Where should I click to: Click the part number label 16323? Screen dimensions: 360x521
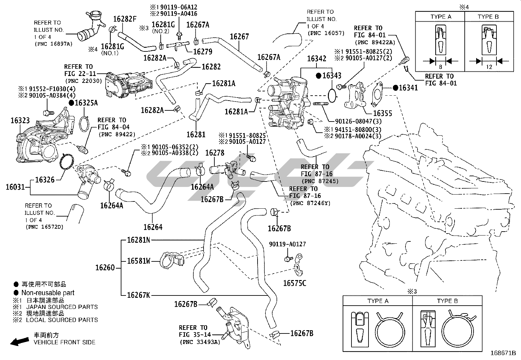tap(20, 120)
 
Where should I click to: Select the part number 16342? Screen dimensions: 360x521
tap(316, 59)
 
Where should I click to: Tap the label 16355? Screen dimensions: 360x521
tap(382, 113)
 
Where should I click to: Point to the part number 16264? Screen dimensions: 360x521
tap(153, 227)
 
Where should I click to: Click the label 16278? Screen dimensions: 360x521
tap(215, 153)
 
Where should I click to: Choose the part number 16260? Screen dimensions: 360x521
tap(105, 268)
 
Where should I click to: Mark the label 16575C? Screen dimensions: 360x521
tap(295, 283)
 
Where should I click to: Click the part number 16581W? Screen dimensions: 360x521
tap(139, 261)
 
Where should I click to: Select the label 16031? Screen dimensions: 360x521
tap(15, 187)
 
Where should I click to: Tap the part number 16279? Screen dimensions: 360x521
tap(203, 51)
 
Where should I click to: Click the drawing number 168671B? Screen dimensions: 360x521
tap(503, 353)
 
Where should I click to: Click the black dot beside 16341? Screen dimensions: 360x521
tap(395, 87)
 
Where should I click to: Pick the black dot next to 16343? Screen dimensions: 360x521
tap(319, 75)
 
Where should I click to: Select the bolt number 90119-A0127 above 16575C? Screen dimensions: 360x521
tap(287, 244)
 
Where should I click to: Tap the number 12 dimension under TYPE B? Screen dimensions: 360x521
tap(489, 67)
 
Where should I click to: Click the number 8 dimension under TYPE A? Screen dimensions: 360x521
tap(440, 67)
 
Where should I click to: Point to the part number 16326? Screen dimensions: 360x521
tap(45, 180)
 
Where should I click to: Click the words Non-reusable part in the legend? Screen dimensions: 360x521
tap(48, 293)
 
